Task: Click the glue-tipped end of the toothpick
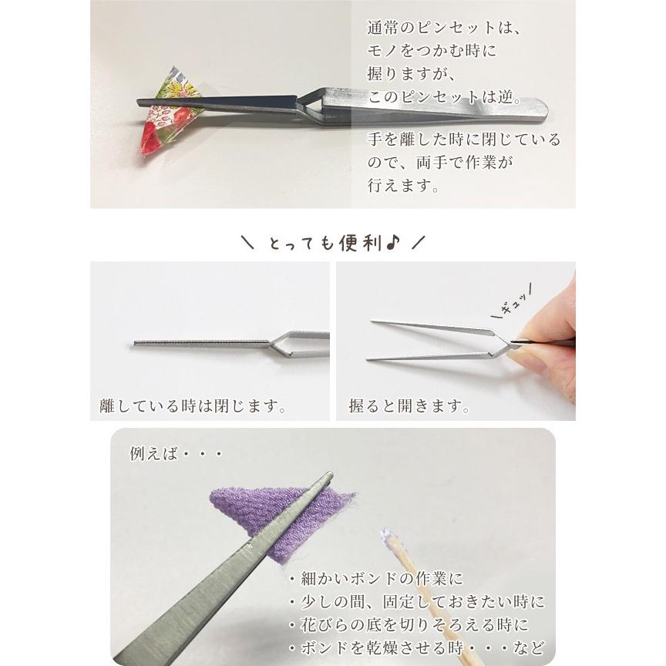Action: click(387, 536)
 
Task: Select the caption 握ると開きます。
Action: click(409, 405)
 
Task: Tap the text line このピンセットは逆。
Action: click(446, 99)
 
